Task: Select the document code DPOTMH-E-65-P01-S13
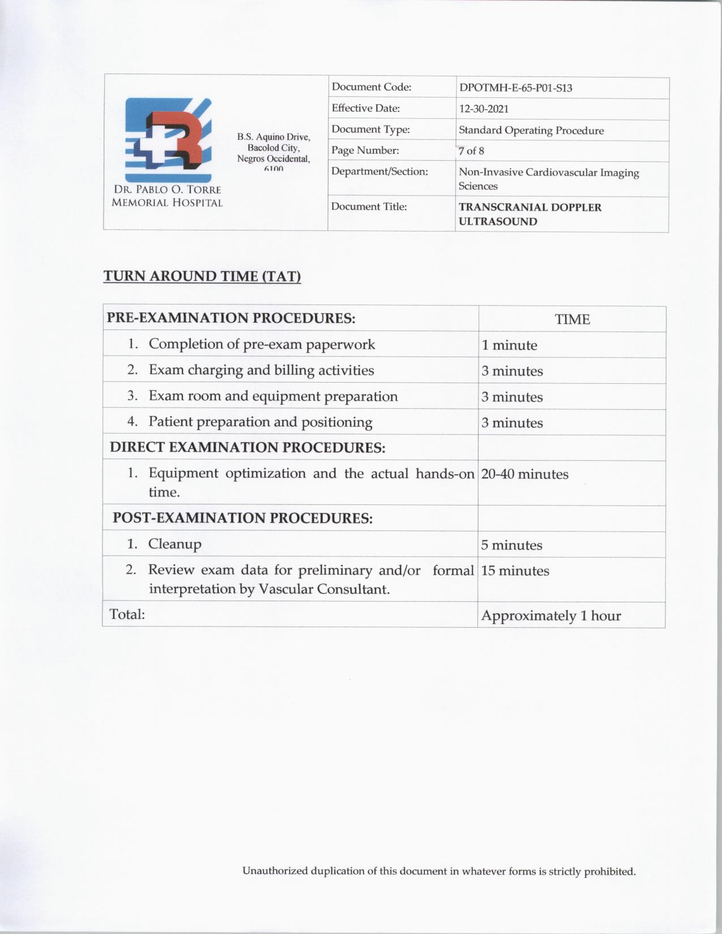click(x=515, y=88)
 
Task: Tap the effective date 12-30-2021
click(x=484, y=109)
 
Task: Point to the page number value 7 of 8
click(x=471, y=151)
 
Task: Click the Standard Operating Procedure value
click(x=531, y=131)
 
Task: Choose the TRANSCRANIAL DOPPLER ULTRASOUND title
click(x=530, y=215)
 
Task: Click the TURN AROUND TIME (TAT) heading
click(x=202, y=276)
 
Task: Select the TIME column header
click(x=572, y=319)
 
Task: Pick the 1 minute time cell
click(x=509, y=345)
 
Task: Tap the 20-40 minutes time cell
click(x=524, y=474)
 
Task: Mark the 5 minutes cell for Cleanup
click(x=511, y=545)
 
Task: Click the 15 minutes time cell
click(x=515, y=571)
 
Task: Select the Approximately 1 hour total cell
click(x=550, y=616)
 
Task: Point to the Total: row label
click(x=127, y=614)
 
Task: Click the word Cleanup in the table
click(x=174, y=544)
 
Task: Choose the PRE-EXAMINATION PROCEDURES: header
click(x=231, y=318)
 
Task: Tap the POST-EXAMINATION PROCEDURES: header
click(x=242, y=518)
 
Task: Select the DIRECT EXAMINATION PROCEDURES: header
click(x=247, y=448)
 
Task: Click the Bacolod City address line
click(x=274, y=148)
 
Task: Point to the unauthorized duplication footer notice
click(x=439, y=871)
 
